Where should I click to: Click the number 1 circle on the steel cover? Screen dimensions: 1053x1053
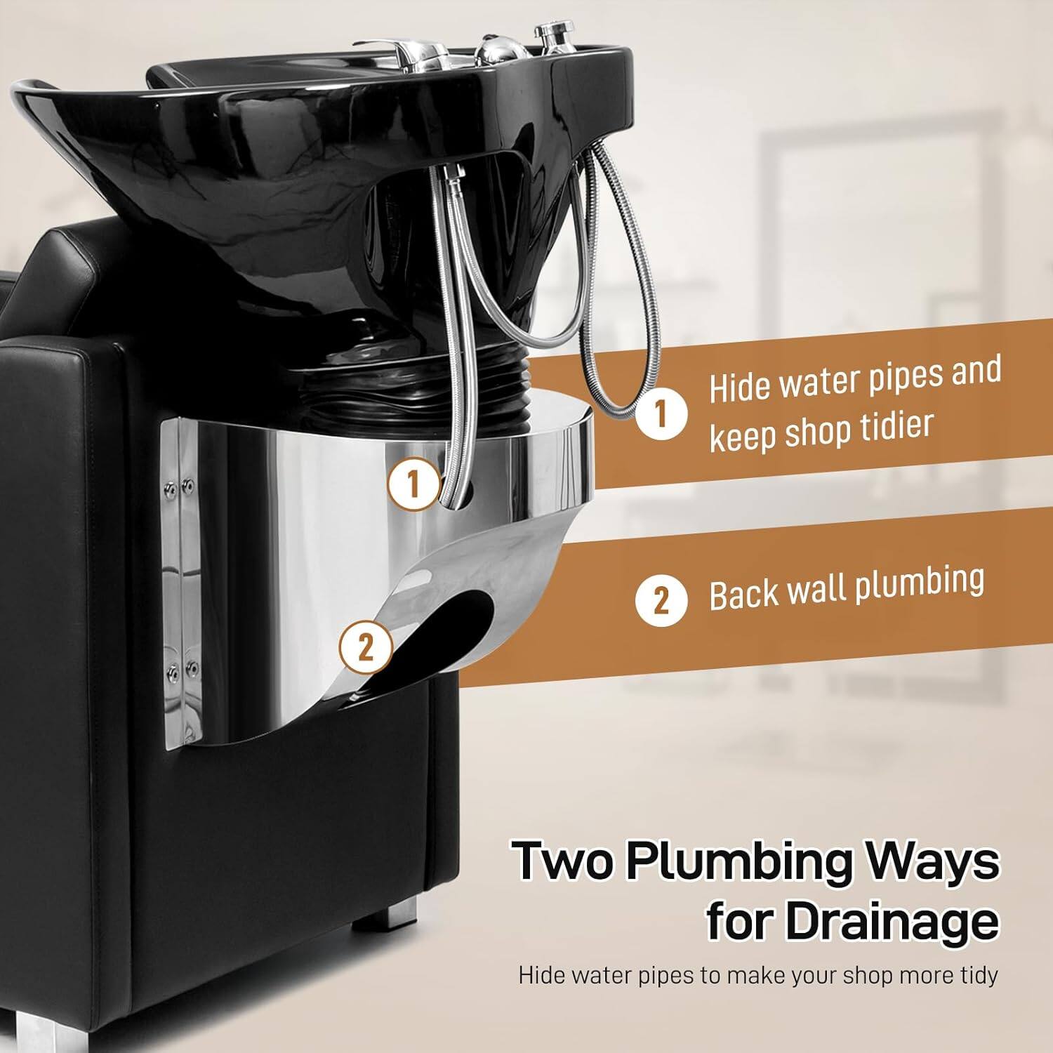click(x=414, y=484)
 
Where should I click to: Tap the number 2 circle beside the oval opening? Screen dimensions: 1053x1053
click(x=366, y=647)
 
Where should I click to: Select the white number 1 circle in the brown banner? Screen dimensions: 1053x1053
click(x=661, y=415)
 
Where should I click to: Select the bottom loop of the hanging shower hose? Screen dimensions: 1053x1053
click(x=618, y=407)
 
